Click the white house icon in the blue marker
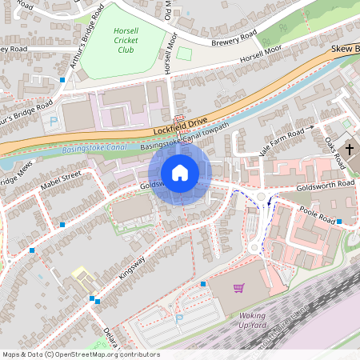click(x=180, y=173)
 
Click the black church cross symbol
click(x=351, y=149)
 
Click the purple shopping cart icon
click(x=238, y=288)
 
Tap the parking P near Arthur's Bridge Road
click(x=54, y=122)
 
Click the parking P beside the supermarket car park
click(x=178, y=318)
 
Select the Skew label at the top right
click(x=342, y=49)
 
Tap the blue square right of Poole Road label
click(x=339, y=221)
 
